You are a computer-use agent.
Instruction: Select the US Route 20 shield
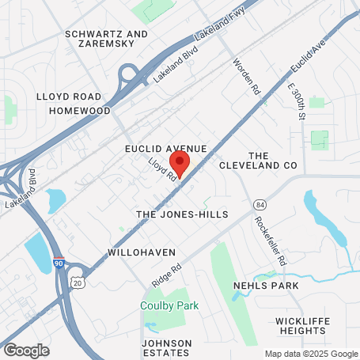(76, 282)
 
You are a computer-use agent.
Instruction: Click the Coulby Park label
(169, 305)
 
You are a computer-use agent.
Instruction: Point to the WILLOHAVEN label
(138, 254)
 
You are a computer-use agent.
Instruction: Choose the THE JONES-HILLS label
(182, 214)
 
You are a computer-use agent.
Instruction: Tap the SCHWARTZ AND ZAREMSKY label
(107, 40)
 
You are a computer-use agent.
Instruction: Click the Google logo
(25, 349)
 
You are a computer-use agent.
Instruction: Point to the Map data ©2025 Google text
(310, 354)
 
